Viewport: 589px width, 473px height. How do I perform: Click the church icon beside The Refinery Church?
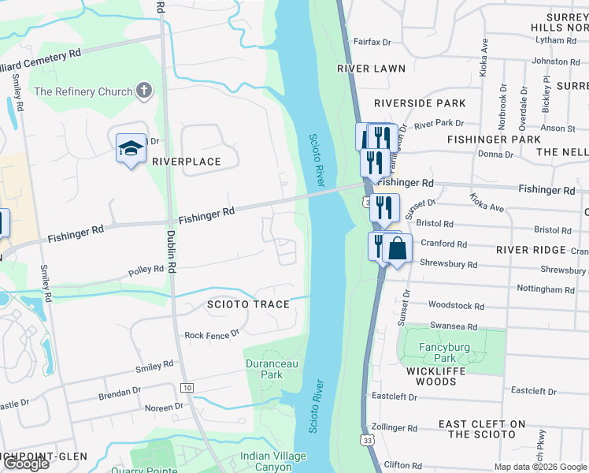[143, 91]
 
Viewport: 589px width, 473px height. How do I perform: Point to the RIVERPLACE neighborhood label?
[186, 162]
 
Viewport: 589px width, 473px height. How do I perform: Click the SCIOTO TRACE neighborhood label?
[248, 304]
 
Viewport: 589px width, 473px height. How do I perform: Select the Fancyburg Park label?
[444, 352]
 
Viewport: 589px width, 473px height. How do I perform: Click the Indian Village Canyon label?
[272, 461]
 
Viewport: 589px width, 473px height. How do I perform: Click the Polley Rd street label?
[146, 270]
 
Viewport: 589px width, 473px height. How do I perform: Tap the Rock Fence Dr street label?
[211, 335]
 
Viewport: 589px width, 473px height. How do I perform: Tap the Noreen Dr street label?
[164, 408]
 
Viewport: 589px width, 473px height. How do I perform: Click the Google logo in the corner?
[25, 464]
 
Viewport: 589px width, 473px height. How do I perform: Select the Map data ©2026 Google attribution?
[539, 467]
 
